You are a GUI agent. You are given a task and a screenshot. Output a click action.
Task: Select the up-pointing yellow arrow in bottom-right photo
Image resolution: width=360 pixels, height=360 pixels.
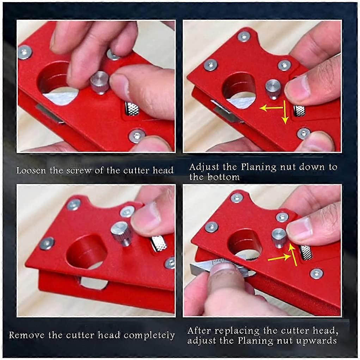coord(292,254)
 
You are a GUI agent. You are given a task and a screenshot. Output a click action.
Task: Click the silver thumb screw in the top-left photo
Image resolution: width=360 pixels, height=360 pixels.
coord(100,82)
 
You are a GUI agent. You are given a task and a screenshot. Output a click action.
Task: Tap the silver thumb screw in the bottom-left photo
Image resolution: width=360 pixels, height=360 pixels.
coord(121,233)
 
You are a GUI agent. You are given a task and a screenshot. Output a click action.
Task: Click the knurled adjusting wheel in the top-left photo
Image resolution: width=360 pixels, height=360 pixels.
coord(132,109)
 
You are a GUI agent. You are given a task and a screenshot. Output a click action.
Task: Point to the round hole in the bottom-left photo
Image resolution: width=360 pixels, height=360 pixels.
coord(87,252)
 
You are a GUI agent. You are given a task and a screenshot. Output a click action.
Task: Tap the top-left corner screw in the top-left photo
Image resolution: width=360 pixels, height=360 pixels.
coord(25,52)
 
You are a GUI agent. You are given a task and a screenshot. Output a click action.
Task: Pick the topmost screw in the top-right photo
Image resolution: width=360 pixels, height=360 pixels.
coord(243,36)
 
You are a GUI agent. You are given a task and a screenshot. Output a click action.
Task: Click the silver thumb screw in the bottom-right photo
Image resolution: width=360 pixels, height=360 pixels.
coord(279,237)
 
